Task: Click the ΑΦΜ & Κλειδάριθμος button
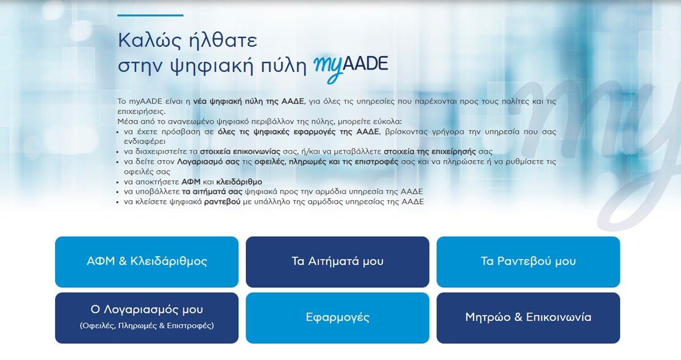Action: (x=146, y=262)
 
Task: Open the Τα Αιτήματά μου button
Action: (x=338, y=262)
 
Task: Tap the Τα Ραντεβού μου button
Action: (x=528, y=262)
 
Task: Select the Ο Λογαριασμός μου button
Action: (x=146, y=318)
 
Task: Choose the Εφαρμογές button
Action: (x=338, y=318)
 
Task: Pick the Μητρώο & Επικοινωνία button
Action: (x=528, y=318)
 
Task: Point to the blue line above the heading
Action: (x=150, y=15)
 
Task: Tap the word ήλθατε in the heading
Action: (x=223, y=40)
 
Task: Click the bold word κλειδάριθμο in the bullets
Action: (x=239, y=182)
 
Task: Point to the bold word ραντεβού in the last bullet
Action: (x=222, y=202)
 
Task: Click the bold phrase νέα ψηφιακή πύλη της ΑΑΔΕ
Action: (x=249, y=101)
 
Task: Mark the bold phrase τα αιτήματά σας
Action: (x=212, y=192)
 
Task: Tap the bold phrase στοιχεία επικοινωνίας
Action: (x=240, y=152)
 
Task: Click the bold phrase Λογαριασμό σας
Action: (x=208, y=162)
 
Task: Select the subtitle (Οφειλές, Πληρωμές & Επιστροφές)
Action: (x=147, y=325)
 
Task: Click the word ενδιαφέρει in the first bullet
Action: (x=144, y=141)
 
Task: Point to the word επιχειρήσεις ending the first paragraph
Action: (x=141, y=111)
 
